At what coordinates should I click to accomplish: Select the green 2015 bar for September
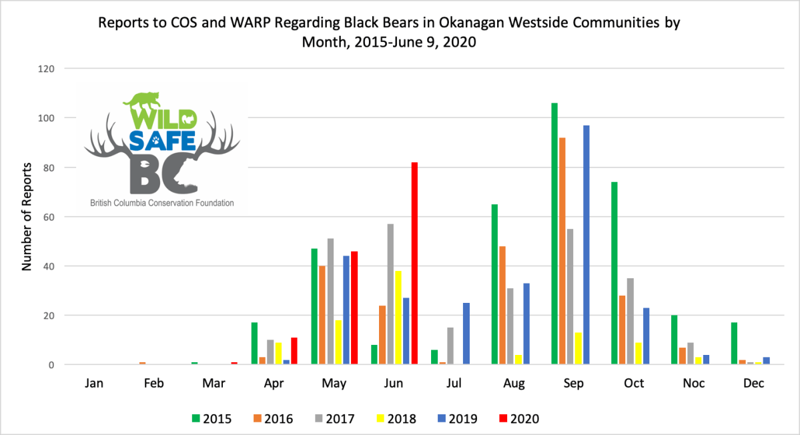coord(554,234)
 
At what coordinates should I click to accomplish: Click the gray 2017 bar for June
coord(390,294)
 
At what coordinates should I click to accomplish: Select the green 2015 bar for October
coord(615,274)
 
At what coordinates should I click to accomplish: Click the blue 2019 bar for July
coord(466,334)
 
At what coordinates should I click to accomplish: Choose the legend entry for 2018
coord(395,419)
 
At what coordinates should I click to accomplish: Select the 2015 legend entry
coord(212,419)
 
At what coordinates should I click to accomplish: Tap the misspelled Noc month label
coord(694,384)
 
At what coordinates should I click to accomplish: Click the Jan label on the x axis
coord(94,384)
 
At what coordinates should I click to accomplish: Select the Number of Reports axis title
coord(27,216)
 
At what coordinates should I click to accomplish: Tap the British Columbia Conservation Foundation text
coord(162,202)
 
